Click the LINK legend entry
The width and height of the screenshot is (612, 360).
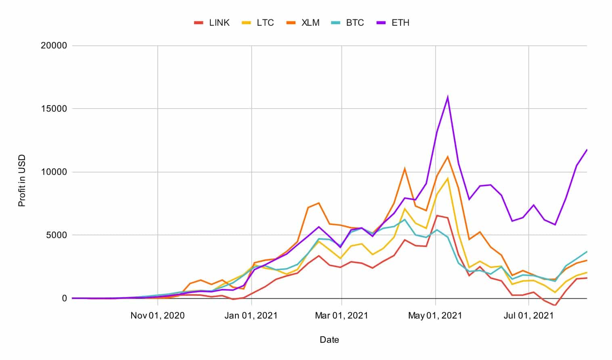click(x=212, y=23)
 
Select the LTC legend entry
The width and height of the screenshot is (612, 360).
click(x=258, y=23)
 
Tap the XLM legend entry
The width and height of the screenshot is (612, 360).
click(x=303, y=23)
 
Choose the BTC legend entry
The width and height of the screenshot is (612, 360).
click(x=348, y=23)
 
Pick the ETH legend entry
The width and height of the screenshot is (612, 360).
click(x=394, y=23)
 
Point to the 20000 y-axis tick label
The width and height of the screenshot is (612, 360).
click(x=54, y=46)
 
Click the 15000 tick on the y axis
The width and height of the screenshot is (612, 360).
click(x=54, y=109)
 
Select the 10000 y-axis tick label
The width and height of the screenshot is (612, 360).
click(x=54, y=172)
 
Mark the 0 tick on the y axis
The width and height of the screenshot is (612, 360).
click(x=64, y=298)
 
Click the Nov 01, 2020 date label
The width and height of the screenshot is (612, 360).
click(x=157, y=316)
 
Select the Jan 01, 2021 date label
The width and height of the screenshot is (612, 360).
click(x=251, y=316)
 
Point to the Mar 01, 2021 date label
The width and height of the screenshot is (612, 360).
click(x=342, y=316)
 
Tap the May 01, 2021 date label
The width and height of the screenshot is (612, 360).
click(x=435, y=316)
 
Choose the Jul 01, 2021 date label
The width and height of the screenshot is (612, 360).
click(x=528, y=316)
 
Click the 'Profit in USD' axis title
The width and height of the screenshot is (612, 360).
click(x=22, y=180)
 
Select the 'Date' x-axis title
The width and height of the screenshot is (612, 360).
click(x=329, y=340)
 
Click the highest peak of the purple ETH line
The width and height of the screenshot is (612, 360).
click(x=447, y=97)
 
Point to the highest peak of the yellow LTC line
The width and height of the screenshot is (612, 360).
click(x=447, y=178)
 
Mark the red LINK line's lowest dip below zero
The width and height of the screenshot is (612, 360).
click(x=555, y=306)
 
